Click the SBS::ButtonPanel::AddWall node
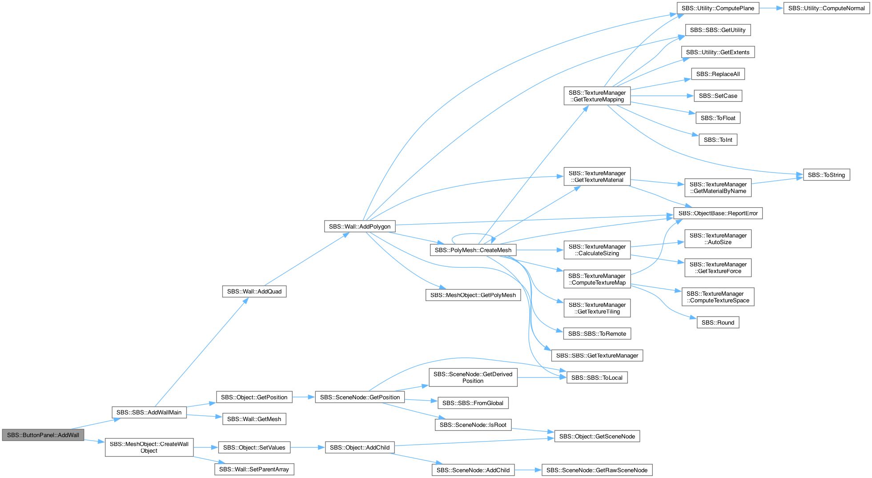[43, 435]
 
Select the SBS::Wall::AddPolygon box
[360, 226]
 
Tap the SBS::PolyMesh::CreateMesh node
[473, 250]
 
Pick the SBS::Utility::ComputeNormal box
[826, 8]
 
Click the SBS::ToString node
[826, 175]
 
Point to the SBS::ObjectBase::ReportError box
[718, 213]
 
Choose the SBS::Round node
[718, 322]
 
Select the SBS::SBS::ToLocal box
[597, 378]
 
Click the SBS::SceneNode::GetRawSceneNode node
[597, 470]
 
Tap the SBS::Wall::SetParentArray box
[254, 469]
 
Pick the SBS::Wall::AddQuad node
[254, 291]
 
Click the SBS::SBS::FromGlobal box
[473, 403]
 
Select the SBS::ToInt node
[718, 140]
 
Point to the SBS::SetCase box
[718, 96]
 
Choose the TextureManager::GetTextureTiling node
[597, 308]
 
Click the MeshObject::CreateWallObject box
[149, 447]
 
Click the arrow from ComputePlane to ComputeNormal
[771, 8]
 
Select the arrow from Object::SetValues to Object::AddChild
[308, 447]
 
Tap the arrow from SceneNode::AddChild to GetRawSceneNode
[528, 470]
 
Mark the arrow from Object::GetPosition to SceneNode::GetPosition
[304, 397]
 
